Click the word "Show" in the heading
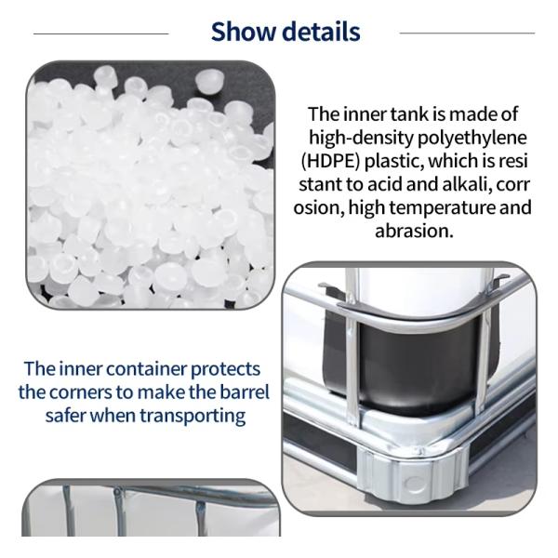(x=244, y=32)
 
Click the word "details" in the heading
(x=322, y=32)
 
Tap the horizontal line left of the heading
(x=101, y=33)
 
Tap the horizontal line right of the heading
(x=467, y=33)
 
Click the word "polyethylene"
(x=472, y=138)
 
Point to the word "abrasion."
(x=414, y=231)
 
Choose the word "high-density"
(x=361, y=138)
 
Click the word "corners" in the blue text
(x=80, y=392)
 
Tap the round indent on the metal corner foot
(x=412, y=484)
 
